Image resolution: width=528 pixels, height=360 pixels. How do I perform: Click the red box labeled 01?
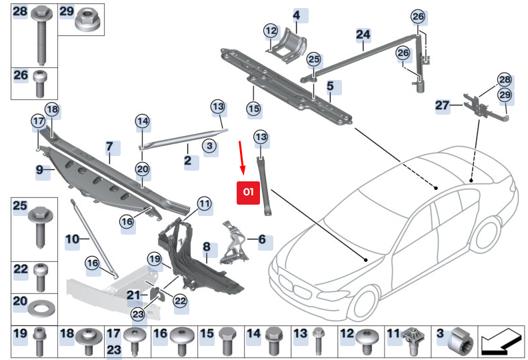[x=249, y=191]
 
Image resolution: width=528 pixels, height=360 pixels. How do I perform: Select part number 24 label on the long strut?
[x=363, y=34]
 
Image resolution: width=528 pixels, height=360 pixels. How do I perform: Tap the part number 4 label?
[x=296, y=15]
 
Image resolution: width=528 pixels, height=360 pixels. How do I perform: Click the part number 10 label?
[x=73, y=238]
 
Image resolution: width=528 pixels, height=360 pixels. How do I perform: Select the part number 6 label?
[x=261, y=238]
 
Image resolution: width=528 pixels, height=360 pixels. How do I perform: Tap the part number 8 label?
[x=206, y=248]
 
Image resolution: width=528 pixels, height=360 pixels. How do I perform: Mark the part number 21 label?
[x=134, y=295]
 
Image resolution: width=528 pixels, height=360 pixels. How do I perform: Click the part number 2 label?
[x=187, y=161]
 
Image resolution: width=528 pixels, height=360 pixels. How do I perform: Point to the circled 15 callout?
[x=253, y=107]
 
